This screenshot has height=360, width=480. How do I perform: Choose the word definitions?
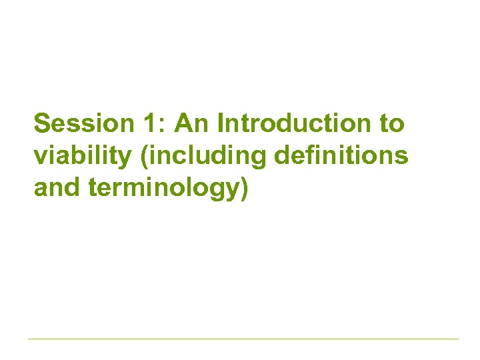(x=341, y=155)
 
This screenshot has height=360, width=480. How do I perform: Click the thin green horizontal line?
(x=243, y=339)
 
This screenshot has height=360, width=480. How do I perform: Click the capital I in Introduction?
(x=221, y=124)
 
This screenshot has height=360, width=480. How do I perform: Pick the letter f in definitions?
(x=303, y=155)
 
